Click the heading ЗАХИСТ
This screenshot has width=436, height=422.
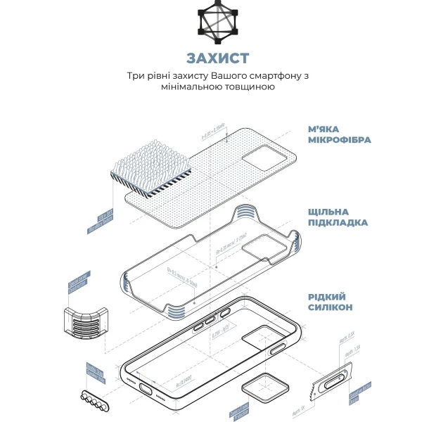click(x=217, y=58)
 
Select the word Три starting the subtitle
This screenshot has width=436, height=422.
click(x=135, y=75)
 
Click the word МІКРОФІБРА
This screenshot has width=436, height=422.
click(x=339, y=140)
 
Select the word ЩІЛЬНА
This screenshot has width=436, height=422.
click(x=328, y=211)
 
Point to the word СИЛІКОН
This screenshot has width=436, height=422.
click(x=330, y=307)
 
